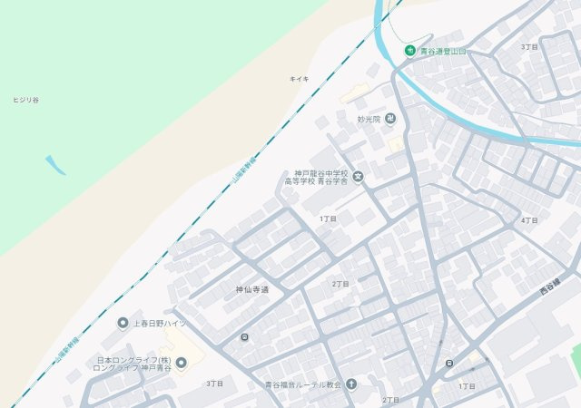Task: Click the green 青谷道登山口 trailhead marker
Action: (410, 51)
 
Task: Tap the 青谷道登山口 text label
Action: (442, 52)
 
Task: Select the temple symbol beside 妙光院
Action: (390, 118)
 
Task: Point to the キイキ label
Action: (299, 79)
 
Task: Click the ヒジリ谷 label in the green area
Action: (25, 99)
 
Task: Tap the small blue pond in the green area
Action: (55, 164)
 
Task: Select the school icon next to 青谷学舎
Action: (358, 177)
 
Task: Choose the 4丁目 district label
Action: (530, 220)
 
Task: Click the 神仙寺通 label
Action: (253, 290)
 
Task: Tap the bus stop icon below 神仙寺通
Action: (244, 337)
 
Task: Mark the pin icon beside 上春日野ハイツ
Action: (123, 323)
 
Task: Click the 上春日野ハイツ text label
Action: (160, 324)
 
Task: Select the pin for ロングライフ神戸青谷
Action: (181, 364)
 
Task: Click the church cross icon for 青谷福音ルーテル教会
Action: (351, 384)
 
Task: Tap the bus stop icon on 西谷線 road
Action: (449, 364)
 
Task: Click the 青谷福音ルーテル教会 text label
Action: (302, 384)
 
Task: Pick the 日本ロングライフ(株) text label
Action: (133, 360)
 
